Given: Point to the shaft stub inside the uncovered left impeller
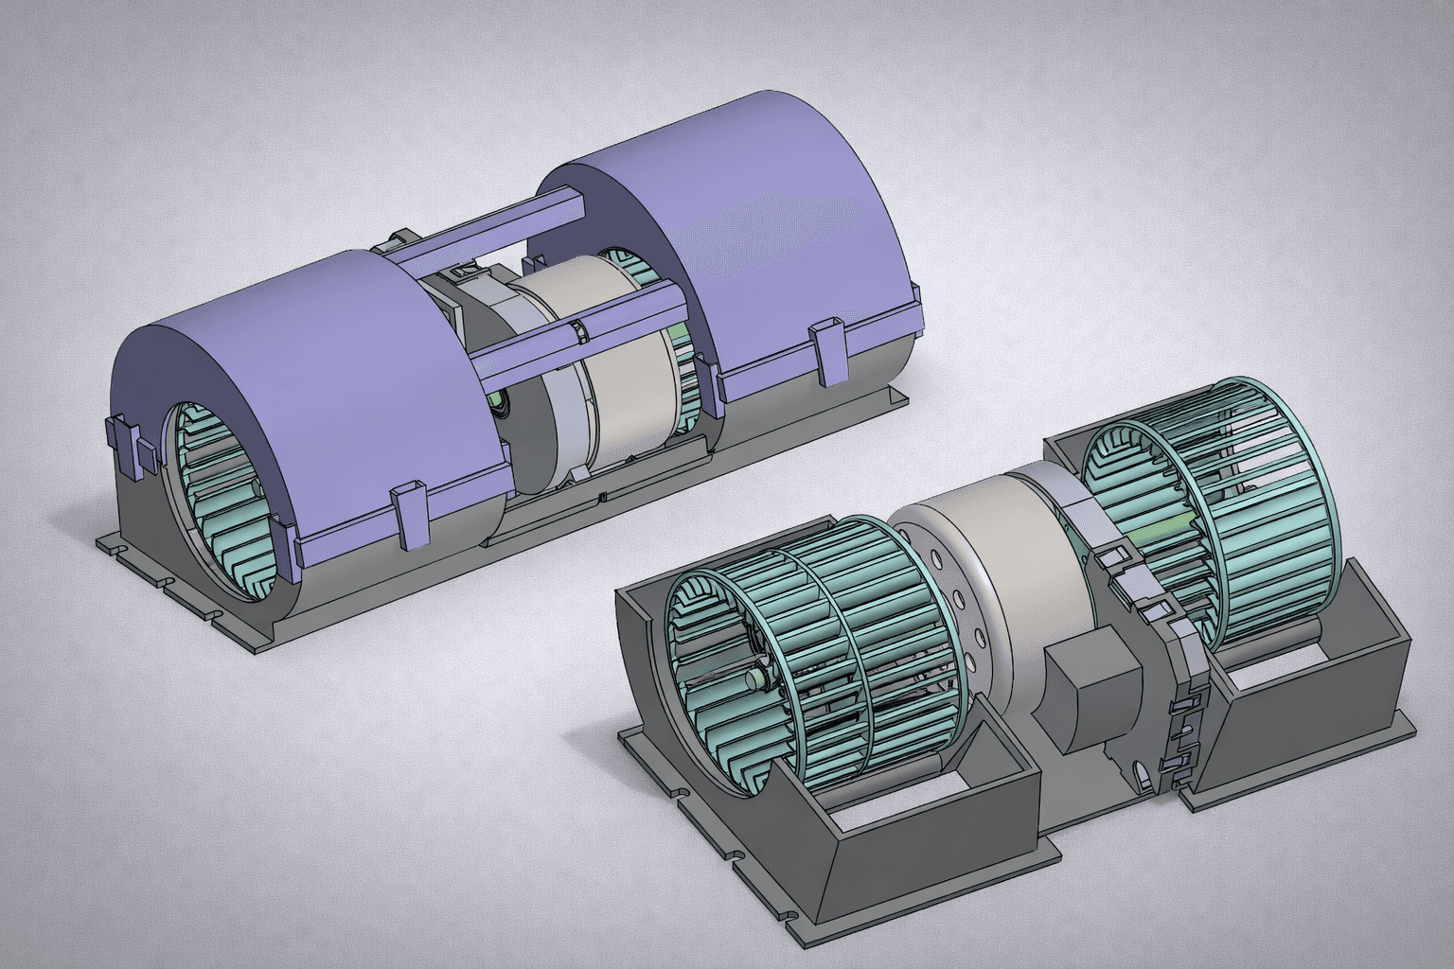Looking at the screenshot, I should point(760,679).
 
